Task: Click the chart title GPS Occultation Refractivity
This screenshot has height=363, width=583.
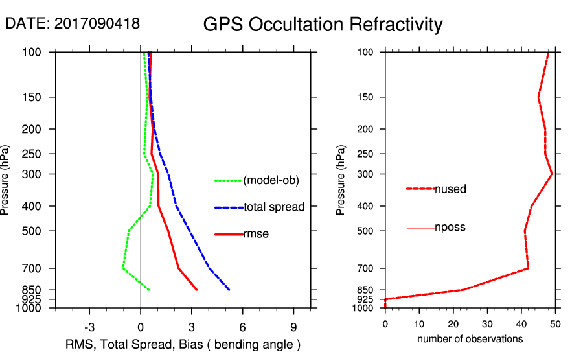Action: pos(323,25)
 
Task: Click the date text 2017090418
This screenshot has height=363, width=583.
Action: pos(97,23)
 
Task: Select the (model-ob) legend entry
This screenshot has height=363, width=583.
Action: pos(271,181)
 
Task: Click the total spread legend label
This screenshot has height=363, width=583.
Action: pos(274,207)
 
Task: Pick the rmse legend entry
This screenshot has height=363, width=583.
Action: pos(256,234)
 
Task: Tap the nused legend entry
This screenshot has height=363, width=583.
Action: pos(450,189)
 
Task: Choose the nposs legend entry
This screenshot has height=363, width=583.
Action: pos(450,228)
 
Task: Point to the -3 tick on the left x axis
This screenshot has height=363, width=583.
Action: pos(89,327)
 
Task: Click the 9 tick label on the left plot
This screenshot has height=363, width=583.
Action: pos(293,327)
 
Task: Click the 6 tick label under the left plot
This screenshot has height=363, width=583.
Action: pos(242,327)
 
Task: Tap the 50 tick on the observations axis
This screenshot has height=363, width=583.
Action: pos(555,323)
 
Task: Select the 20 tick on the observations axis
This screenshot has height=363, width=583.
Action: pos(453,323)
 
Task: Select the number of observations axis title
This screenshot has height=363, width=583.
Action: pos(470,339)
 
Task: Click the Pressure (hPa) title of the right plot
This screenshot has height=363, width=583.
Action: pos(341,180)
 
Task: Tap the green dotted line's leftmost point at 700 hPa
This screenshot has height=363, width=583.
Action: pos(123,268)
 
